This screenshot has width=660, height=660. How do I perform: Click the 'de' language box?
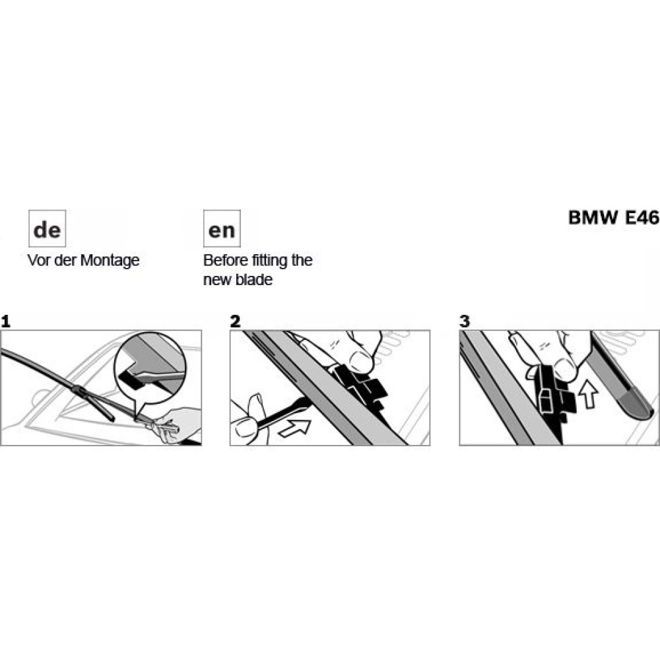[x=47, y=229]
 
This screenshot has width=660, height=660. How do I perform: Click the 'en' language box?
[x=222, y=229]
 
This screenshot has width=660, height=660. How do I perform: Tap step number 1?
[x=6, y=322]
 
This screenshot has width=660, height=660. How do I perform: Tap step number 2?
[x=236, y=322]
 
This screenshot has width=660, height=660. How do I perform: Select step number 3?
[x=465, y=322]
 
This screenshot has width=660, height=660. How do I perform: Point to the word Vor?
[x=37, y=260]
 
